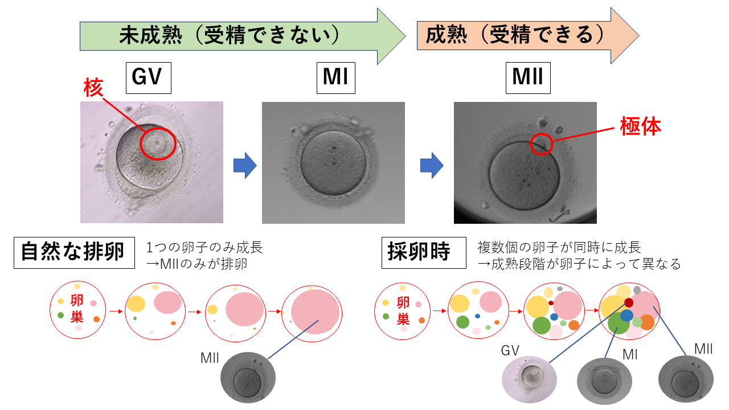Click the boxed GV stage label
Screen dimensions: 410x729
pos(148,77)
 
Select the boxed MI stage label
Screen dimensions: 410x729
pos(335,77)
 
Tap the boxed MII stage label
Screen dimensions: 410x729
pos(528,77)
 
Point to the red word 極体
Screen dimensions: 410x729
pos(641,127)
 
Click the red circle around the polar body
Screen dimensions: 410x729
pos(541,144)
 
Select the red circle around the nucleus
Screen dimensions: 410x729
pos(155,141)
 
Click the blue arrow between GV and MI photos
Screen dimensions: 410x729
pos(245,166)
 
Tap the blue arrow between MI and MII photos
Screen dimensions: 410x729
pos(432,166)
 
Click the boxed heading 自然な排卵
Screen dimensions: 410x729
pos(74,252)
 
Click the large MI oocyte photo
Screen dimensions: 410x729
pos(333,162)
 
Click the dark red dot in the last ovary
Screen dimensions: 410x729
pos(628,302)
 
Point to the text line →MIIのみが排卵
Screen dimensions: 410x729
pos(197,264)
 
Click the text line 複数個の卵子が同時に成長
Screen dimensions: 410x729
pos(559,247)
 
